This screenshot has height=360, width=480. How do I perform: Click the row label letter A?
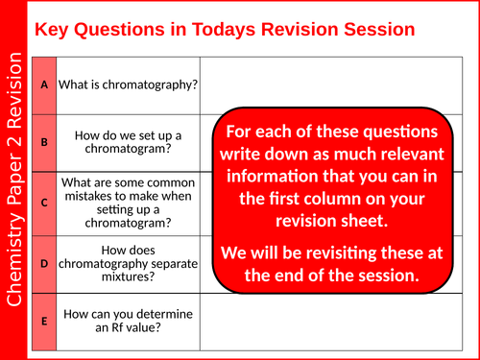pyautogui.click(x=44, y=84)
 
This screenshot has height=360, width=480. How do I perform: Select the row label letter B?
pyautogui.click(x=44, y=142)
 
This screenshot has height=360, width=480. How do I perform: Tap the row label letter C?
pyautogui.click(x=44, y=203)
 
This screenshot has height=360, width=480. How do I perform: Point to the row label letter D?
pyautogui.click(x=44, y=262)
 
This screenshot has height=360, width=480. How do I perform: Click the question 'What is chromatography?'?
pyautogui.click(x=129, y=84)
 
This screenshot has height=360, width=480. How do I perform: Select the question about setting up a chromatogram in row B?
pyautogui.click(x=129, y=142)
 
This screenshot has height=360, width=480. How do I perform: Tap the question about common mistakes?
pyautogui.click(x=129, y=203)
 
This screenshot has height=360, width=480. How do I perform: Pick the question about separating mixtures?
pyautogui.click(x=129, y=262)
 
